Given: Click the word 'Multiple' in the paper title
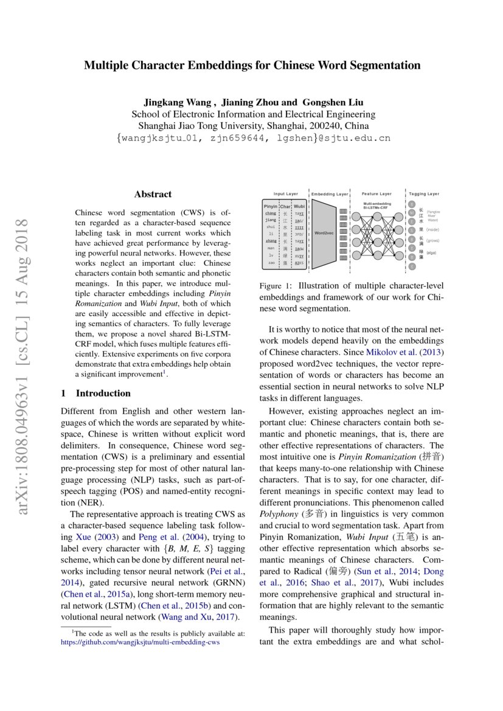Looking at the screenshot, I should (x=105, y=65).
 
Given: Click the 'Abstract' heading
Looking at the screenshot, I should (x=153, y=195).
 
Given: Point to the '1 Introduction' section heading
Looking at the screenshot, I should (x=96, y=393).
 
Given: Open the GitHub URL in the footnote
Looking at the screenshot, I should (x=140, y=641).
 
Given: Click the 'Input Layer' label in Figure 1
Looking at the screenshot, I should (x=285, y=194).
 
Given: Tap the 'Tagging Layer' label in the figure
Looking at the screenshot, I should (x=423, y=194).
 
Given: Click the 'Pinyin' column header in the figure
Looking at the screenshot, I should (x=270, y=207).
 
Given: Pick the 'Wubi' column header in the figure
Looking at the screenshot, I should (x=299, y=207).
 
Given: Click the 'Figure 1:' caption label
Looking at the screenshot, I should (x=276, y=286).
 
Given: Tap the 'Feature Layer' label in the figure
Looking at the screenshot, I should (x=376, y=194).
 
